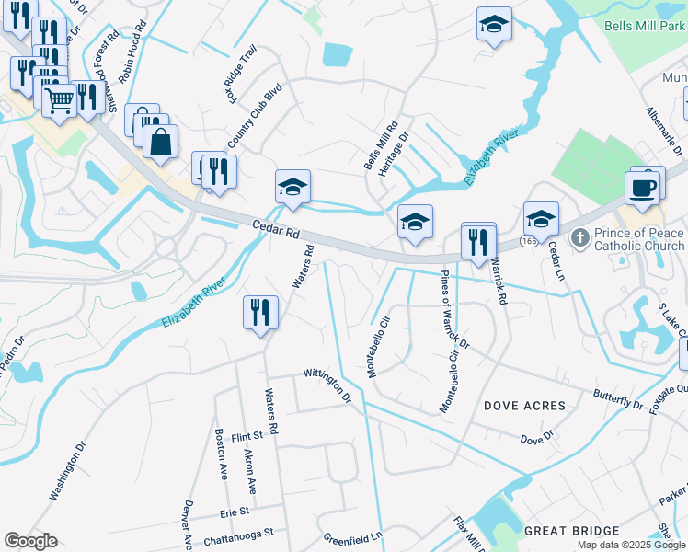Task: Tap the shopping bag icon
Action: pos(160,143)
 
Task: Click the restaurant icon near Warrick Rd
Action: pos(478,242)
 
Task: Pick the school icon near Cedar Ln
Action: pos(541,220)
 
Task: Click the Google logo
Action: pos(30,541)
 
